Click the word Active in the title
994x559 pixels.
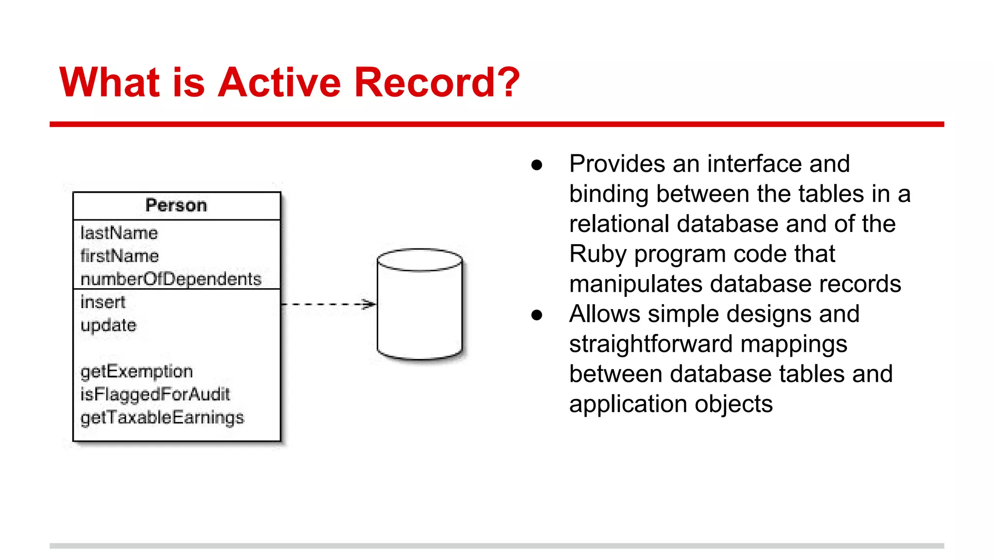click(x=280, y=82)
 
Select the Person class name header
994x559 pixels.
click(x=176, y=205)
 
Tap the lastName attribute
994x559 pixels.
click(x=119, y=233)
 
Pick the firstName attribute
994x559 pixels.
click(x=119, y=256)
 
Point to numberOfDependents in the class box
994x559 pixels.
click(x=171, y=279)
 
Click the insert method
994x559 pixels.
click(x=103, y=302)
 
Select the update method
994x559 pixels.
click(x=108, y=325)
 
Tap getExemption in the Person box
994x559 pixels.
click(x=136, y=372)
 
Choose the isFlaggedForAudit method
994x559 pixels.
click(x=155, y=395)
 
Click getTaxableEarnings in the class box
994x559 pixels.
click(x=162, y=418)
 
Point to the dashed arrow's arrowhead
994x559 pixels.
click(x=370, y=304)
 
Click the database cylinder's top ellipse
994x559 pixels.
click(x=420, y=260)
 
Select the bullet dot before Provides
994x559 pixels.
click(x=536, y=165)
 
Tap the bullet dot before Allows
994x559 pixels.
click(x=536, y=315)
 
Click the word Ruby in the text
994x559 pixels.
click(x=597, y=254)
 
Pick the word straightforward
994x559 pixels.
click(x=651, y=345)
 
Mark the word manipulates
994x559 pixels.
click(x=635, y=284)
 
